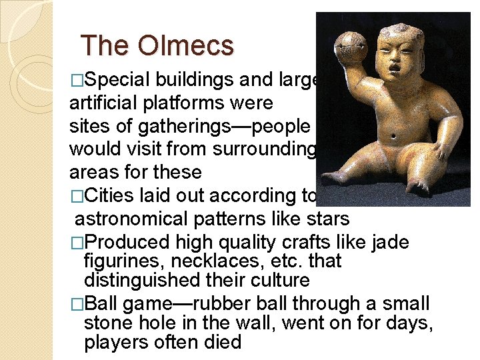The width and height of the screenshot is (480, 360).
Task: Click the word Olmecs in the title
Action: pyautogui.click(x=187, y=46)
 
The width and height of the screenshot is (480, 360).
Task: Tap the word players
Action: pyautogui.click(x=115, y=342)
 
